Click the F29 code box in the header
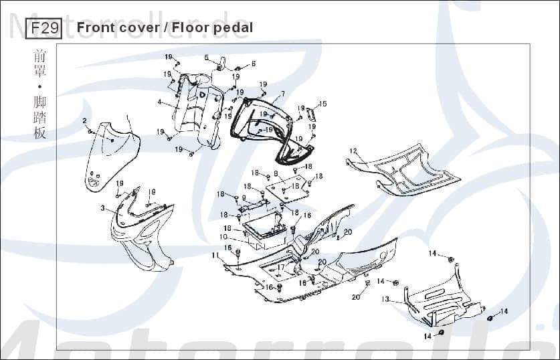43,28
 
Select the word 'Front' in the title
96,27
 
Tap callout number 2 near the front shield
84,120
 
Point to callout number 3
103,209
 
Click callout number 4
159,102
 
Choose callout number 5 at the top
206,58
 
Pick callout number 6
254,64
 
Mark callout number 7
282,94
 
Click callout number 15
322,104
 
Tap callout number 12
353,151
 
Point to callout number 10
223,237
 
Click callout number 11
215,255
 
